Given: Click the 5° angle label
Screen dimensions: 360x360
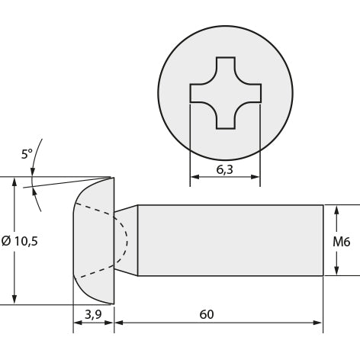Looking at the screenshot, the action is coord(27,154).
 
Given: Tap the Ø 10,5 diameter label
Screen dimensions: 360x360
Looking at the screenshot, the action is coord(20,241).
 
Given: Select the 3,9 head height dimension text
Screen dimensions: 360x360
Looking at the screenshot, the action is coord(93,314).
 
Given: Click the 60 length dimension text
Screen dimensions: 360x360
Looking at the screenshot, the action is coord(207,314).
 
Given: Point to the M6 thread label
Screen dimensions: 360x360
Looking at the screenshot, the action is coord(342,242).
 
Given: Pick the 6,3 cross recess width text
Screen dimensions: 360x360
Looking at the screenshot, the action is coord(224,169).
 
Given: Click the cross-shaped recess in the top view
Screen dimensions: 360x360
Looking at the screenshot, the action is coord(226,93).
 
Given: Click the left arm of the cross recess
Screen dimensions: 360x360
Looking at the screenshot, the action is coord(201,93).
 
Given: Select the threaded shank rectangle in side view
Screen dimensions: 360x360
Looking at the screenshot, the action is coord(230,240).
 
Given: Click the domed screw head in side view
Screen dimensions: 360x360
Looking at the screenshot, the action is coord(94,240).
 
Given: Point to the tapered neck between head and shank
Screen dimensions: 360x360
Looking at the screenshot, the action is coord(126,240).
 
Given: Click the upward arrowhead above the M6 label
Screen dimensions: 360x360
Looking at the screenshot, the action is coord(337,211).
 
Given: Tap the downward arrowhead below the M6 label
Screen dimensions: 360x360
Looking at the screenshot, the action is coord(337,270).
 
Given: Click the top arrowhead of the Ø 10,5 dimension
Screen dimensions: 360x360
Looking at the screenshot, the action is coord(14,182).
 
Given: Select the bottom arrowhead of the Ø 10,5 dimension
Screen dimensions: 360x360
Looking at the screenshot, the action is coord(14,299).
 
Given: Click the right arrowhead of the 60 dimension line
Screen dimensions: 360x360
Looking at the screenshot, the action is coord(318,323).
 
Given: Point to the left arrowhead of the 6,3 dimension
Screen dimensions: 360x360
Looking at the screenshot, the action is coord(195,177).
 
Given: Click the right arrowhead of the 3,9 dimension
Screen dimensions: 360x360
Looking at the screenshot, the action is coord(109,323).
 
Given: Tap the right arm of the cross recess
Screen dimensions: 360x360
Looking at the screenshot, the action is coord(250,93).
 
